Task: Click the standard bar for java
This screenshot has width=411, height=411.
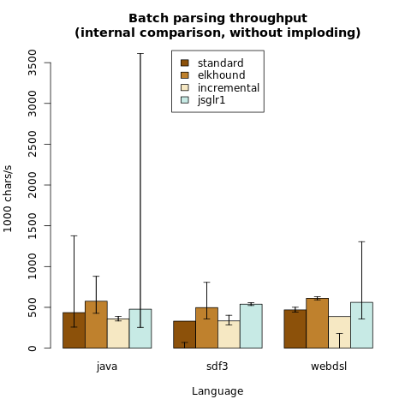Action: tap(74, 331)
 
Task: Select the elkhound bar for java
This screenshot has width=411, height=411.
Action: tap(96, 325)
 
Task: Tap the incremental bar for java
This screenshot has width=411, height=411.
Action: tap(118, 333)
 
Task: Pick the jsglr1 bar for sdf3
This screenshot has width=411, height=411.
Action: tap(251, 326)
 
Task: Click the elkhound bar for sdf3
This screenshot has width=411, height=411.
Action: tap(207, 328)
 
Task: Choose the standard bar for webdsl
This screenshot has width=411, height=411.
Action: tap(295, 329)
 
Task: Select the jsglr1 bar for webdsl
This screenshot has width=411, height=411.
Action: tap(361, 325)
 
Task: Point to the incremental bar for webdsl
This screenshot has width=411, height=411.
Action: tap(340, 332)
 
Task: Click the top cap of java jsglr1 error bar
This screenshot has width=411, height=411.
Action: tap(140, 53)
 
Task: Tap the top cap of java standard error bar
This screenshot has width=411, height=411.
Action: tap(74, 235)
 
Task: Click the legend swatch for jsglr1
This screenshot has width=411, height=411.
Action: tap(185, 100)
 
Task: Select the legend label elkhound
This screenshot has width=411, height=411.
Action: tap(222, 75)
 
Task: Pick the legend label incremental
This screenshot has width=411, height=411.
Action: tap(229, 87)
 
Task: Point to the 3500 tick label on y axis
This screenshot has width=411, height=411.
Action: tap(33, 63)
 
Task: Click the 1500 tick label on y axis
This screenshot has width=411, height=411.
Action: tap(33, 225)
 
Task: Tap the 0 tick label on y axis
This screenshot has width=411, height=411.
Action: tap(33, 348)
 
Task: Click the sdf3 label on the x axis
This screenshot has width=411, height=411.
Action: tap(217, 366)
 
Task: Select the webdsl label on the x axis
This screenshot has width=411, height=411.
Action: tap(329, 366)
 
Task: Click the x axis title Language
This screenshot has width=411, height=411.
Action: tap(217, 391)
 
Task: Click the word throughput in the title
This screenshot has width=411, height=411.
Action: tap(268, 19)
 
